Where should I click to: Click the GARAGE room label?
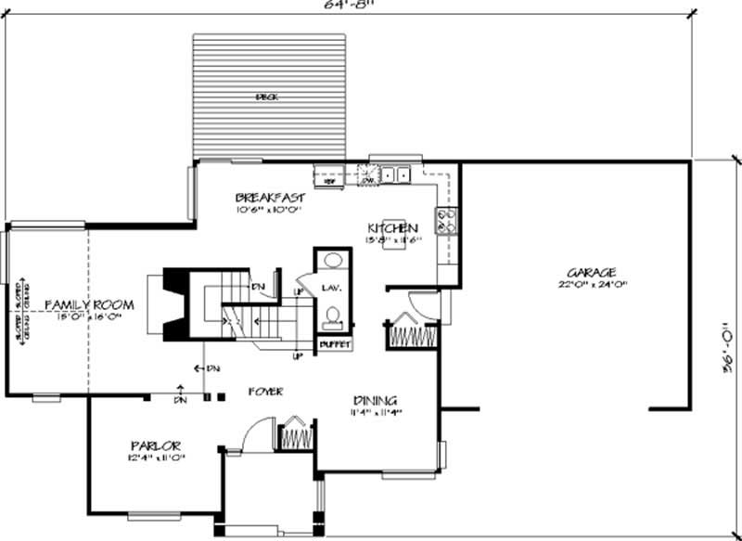(593, 273)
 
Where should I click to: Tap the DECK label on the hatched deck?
(268, 97)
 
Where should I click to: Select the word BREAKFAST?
(270, 198)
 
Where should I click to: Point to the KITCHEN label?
(392, 228)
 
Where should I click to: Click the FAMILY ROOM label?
(89, 304)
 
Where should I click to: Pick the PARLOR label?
(155, 445)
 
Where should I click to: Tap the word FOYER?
(266, 392)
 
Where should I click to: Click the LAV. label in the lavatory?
(332, 289)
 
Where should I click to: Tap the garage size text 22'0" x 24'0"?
(593, 286)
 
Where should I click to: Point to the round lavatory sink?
(332, 261)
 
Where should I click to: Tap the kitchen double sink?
(397, 174)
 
